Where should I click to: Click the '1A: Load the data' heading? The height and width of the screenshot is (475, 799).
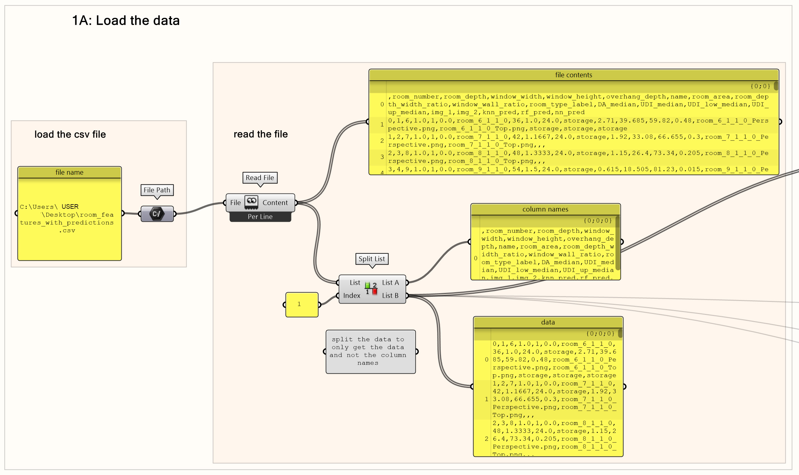(x=126, y=20)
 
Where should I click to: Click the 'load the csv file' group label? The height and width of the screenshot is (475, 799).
(x=70, y=134)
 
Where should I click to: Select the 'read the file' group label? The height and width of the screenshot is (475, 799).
(x=261, y=134)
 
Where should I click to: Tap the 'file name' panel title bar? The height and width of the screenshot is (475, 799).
(x=69, y=172)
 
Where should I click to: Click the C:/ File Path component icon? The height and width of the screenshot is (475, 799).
(x=157, y=214)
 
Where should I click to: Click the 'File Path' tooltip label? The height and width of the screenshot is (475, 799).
(x=157, y=190)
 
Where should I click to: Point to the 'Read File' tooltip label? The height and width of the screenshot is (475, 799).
(x=260, y=178)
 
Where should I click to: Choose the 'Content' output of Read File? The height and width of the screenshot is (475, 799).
(x=275, y=203)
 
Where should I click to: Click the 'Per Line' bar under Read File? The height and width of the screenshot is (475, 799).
(x=260, y=217)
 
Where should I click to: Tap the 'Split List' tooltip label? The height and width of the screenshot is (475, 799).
(x=372, y=259)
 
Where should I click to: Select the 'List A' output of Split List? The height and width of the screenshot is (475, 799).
(x=390, y=282)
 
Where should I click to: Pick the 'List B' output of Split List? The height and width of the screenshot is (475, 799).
(x=390, y=295)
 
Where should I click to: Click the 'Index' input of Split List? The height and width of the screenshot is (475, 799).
(x=352, y=295)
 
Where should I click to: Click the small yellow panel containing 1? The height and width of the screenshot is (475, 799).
(x=302, y=304)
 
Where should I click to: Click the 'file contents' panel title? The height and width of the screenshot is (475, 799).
(x=573, y=75)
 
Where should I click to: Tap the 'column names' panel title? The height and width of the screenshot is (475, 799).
(x=545, y=209)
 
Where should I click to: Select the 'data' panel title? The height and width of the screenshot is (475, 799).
(x=548, y=322)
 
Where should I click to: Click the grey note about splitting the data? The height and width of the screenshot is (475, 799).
(x=371, y=351)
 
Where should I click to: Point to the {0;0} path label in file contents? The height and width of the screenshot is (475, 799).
(x=760, y=86)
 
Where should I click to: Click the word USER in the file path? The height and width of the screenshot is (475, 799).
(x=70, y=206)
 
